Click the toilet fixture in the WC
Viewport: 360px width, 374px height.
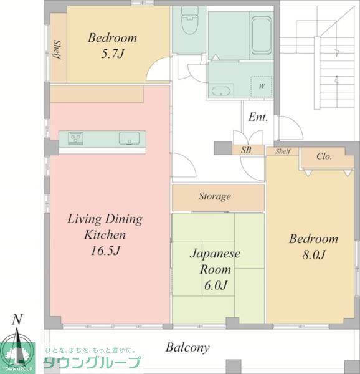(x=189, y=21)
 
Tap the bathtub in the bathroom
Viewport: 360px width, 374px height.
(x=262, y=36)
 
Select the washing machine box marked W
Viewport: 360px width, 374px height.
(x=262, y=87)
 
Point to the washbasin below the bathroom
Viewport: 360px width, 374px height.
(x=221, y=91)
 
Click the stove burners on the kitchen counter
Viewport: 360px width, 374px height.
(x=76, y=138)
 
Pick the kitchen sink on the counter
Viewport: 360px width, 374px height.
(x=129, y=138)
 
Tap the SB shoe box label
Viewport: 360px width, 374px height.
(x=246, y=150)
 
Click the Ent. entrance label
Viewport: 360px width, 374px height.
(x=258, y=117)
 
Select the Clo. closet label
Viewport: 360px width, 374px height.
(x=324, y=156)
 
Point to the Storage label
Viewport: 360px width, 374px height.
(x=215, y=196)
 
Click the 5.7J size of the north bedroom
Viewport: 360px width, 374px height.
(x=113, y=54)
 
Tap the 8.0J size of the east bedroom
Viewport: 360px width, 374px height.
(x=314, y=255)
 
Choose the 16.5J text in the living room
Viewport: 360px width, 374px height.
(x=105, y=251)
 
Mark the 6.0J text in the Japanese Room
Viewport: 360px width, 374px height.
(x=216, y=285)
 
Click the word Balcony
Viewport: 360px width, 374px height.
(x=187, y=348)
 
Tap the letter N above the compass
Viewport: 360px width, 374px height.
(x=17, y=319)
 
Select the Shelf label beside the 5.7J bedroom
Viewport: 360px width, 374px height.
(x=57, y=50)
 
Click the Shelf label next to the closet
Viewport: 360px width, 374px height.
(x=283, y=151)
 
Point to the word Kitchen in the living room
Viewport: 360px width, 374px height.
(x=105, y=235)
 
